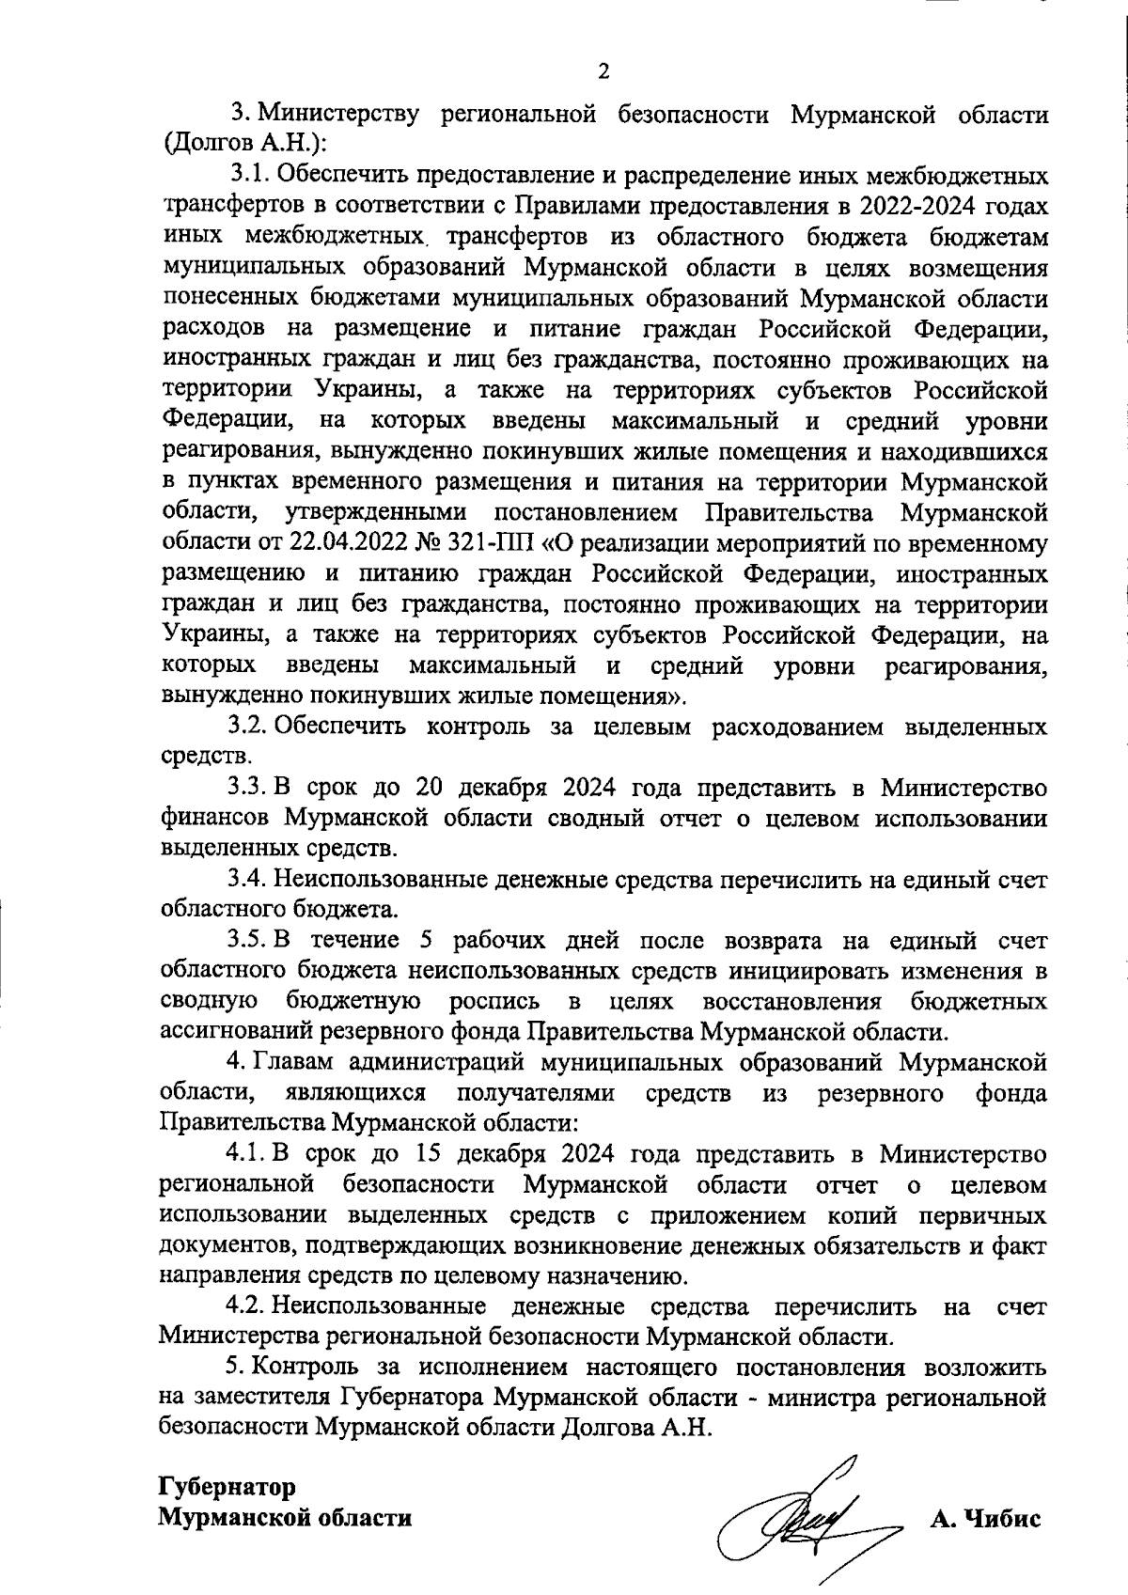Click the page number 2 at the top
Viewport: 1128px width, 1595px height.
pos(603,70)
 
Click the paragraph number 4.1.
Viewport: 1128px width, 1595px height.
pos(247,1152)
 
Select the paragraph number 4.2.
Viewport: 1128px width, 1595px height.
pos(247,1306)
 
